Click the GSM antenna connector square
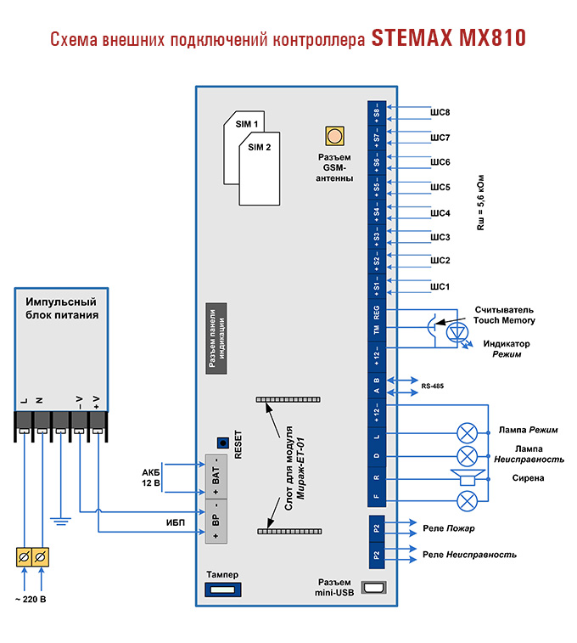tap(334, 136)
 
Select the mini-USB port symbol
tap(374, 588)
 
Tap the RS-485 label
tap(432, 386)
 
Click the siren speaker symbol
tap(466, 478)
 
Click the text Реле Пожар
tap(448, 528)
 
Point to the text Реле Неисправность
tap(469, 555)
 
